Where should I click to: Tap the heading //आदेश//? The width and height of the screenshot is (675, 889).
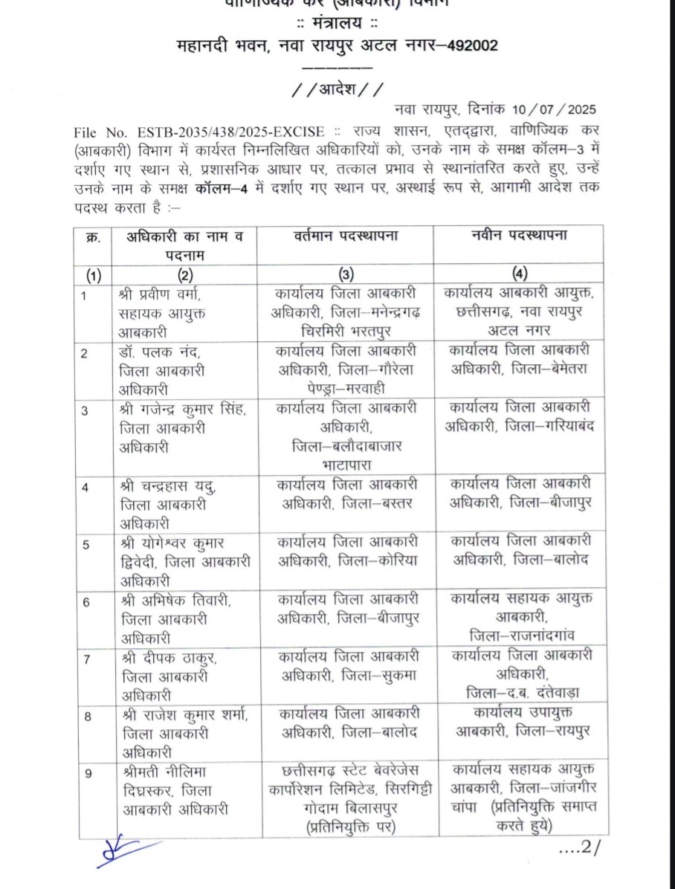338,90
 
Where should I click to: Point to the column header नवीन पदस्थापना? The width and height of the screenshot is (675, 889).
519,236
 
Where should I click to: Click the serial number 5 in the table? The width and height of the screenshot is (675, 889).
87,544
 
